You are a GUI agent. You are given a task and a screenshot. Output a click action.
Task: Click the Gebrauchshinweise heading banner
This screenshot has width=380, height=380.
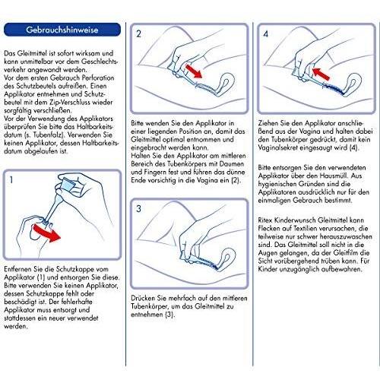click(62, 30)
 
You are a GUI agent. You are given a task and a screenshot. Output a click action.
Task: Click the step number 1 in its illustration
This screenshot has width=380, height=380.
click(11, 180)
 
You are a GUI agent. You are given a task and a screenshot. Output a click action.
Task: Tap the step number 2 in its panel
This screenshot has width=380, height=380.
click(138, 33)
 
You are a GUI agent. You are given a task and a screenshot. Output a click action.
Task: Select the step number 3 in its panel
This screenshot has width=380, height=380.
click(138, 209)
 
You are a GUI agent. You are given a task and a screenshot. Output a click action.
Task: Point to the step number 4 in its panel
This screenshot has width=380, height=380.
click(266, 33)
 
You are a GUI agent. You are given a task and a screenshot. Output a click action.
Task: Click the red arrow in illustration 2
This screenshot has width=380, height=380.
click(194, 71)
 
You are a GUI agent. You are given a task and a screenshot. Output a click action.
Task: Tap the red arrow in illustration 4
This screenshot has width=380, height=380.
click(321, 73)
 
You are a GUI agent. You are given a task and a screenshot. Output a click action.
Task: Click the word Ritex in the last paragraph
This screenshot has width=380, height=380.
click(265, 220)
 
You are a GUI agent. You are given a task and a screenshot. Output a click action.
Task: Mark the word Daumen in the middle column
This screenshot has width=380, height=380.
click(232, 163)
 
